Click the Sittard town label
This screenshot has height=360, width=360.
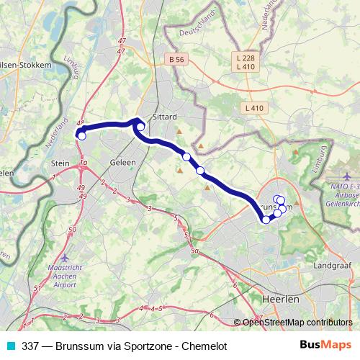pyautogui.click(x=165, y=115)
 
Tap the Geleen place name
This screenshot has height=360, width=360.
pyautogui.click(x=123, y=163)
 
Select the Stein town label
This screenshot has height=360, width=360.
pyautogui.click(x=60, y=163)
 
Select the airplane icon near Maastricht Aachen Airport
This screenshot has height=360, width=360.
pyautogui.click(x=66, y=257)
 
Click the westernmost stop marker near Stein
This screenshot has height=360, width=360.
pyautogui.click(x=81, y=135)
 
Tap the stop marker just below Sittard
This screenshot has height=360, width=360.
pyautogui.click(x=140, y=127)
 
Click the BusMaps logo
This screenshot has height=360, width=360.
pyautogui.click(x=329, y=346)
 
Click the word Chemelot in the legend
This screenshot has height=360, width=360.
pyautogui.click(x=204, y=346)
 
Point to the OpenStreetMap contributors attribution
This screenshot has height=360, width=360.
pyautogui.click(x=297, y=322)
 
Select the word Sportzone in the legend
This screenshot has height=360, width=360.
pyautogui.click(x=148, y=346)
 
